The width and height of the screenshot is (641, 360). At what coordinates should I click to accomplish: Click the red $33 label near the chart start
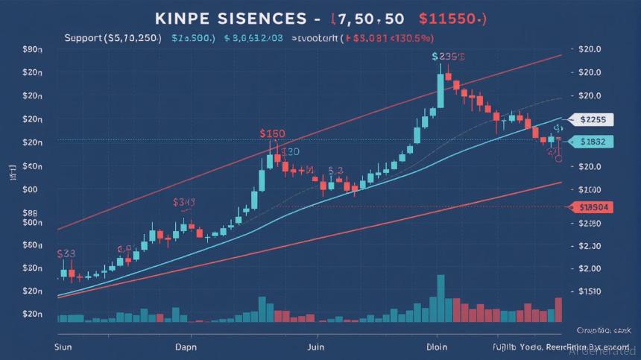[x=66, y=253]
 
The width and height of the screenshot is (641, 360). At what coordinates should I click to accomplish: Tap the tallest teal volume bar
[x=441, y=298]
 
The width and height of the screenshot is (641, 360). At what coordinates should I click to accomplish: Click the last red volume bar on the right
[x=558, y=309]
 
